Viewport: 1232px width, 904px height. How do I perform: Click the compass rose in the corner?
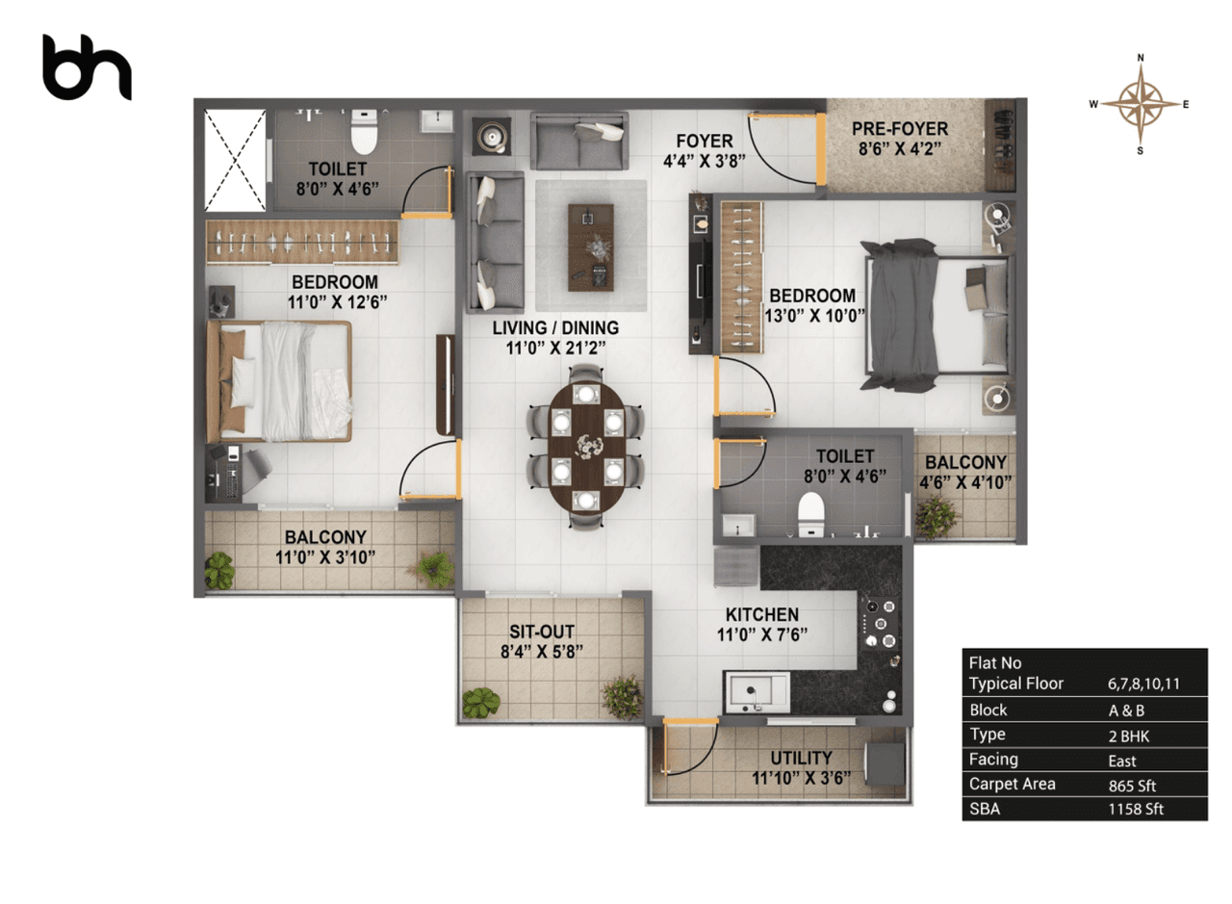pos(1141,104)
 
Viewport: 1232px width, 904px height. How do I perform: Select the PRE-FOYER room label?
pos(900,128)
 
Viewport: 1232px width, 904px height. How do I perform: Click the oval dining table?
pos(585,447)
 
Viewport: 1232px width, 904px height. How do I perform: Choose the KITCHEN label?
pos(762,614)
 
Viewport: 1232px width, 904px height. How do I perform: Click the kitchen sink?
pos(757,690)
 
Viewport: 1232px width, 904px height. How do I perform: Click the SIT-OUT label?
pos(542,631)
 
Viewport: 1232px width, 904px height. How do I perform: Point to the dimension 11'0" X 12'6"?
pos(334,301)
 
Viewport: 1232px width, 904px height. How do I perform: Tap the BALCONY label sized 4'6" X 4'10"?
pos(964,462)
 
